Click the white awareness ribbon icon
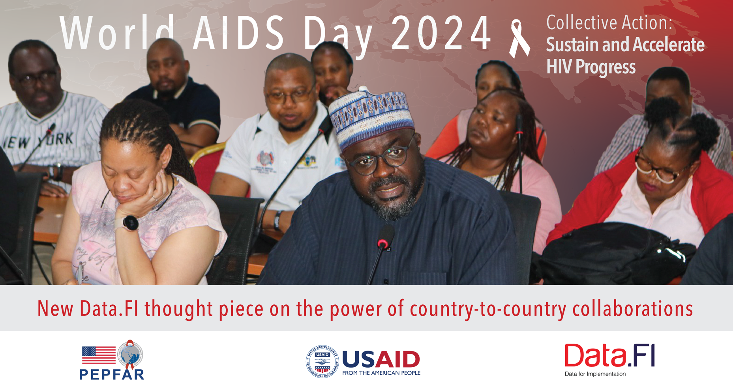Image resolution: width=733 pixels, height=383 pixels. pos(519,39)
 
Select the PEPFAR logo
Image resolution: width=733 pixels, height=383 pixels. pos(112,360)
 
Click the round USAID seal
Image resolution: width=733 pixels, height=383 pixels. pos(322,361)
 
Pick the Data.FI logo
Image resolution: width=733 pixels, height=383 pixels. pos(609,360)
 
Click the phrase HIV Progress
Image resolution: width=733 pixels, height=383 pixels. pos(591,66)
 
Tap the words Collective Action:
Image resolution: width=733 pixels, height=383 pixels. pos(609,23)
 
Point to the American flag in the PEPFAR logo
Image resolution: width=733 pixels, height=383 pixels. pos(99,355)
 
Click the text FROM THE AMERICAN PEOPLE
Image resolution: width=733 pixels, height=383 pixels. pos(381,373)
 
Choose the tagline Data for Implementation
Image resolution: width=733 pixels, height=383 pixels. pos(595,374)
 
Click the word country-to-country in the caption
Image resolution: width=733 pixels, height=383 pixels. pos(488,309)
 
